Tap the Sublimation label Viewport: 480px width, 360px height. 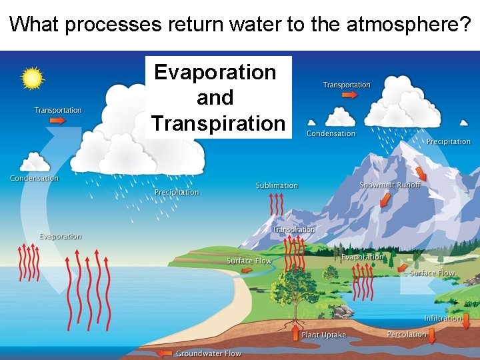277,185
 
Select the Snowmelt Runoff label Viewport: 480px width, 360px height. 390,185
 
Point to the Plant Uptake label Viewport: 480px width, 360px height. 323,335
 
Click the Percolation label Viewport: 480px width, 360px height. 407,334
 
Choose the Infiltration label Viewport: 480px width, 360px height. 443,318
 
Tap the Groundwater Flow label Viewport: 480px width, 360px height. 209,353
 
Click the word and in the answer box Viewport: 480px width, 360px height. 215,97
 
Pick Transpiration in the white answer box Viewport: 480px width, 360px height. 218,123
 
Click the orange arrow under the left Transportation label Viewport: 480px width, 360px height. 57,121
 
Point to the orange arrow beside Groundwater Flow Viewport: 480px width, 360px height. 163,353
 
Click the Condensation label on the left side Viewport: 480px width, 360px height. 34,178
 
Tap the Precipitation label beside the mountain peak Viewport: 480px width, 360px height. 449,141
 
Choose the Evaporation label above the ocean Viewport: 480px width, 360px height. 60,237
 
